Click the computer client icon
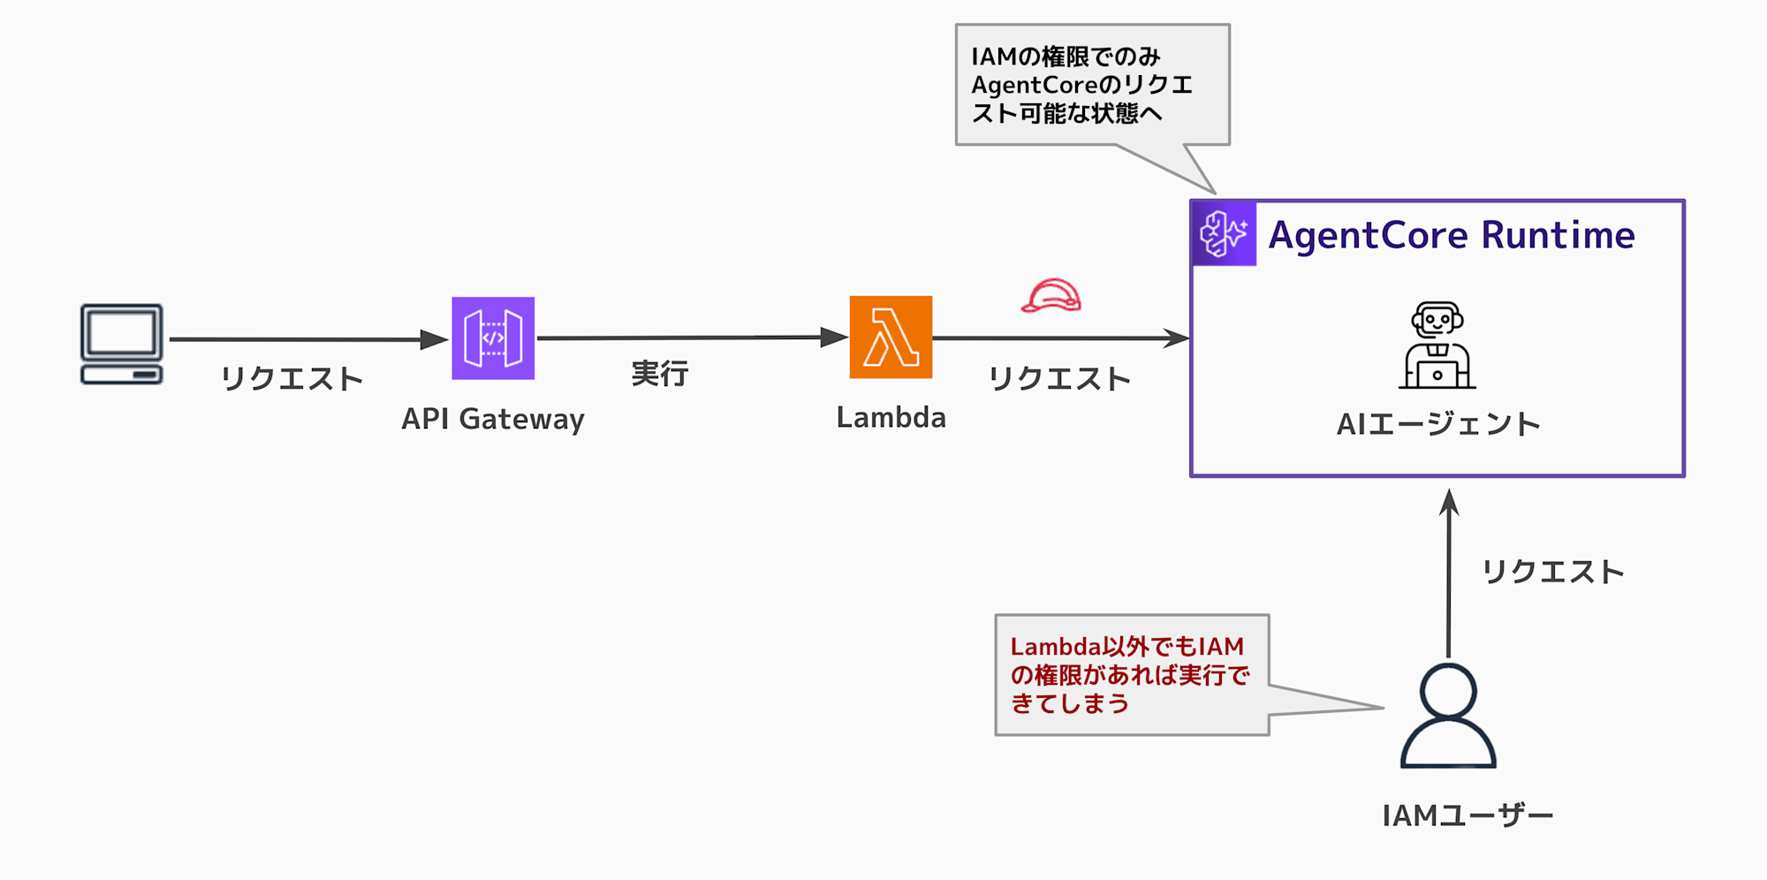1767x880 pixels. tap(122, 344)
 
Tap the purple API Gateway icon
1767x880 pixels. tap(493, 338)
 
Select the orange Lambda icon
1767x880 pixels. tap(891, 338)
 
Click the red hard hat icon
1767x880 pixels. tap(1051, 296)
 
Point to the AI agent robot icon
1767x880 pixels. tap(1437, 345)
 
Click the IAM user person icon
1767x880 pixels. tap(1448, 716)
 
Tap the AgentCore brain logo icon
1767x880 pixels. tap(1224, 234)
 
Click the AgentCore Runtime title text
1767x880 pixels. tap(1452, 235)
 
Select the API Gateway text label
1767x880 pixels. tap(493, 419)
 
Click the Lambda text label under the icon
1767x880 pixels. tap(891, 417)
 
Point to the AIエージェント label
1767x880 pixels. tap(1438, 424)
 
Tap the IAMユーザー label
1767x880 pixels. tap(1467, 816)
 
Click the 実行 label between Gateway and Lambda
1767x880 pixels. tap(659, 374)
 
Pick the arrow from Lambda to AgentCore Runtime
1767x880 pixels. tap(1060, 338)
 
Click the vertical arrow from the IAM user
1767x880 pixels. tap(1449, 574)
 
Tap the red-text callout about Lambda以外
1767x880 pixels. tap(1132, 675)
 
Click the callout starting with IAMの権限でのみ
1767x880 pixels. tap(1092, 85)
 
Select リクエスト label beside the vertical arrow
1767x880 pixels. tap(1552, 573)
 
